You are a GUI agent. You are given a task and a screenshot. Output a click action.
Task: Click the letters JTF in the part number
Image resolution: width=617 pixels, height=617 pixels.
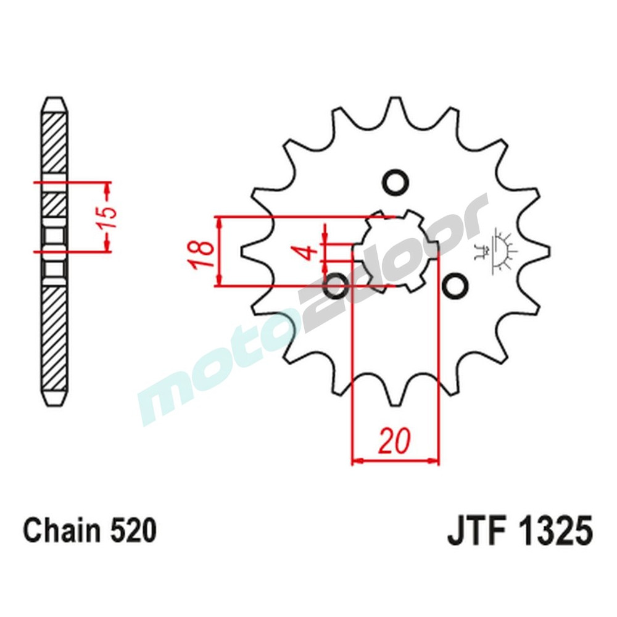tap(473, 531)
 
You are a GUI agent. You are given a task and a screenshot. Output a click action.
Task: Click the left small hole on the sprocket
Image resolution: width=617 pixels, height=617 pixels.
tap(336, 286)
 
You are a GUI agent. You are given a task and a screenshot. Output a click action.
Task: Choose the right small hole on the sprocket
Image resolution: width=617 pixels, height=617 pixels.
tap(455, 286)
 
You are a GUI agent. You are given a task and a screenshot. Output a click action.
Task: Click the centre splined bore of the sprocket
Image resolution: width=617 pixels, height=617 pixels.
tap(395, 251)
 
